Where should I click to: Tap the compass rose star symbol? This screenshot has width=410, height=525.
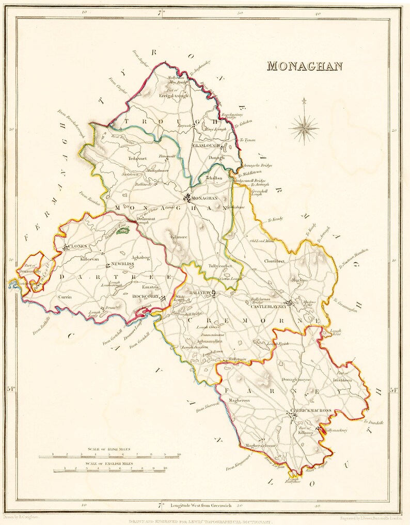click(304, 127)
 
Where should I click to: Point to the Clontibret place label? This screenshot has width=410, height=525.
click(275, 262)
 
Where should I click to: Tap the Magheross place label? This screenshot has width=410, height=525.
click(240, 400)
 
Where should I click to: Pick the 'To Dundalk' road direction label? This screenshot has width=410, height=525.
click(373, 422)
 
